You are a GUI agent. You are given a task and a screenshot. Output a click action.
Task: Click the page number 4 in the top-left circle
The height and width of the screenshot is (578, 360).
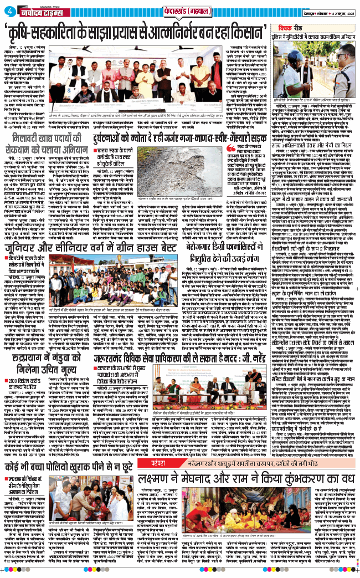[x=7, y=8]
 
